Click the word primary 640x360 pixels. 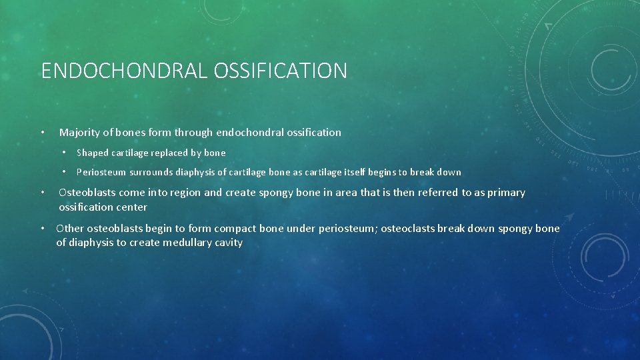pyautogui.click(x=506, y=193)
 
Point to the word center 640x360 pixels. pyautogui.click(x=130, y=207)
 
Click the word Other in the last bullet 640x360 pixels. pyautogui.click(x=70, y=229)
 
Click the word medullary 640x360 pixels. pyautogui.click(x=187, y=243)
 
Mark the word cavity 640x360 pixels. pyautogui.click(x=229, y=243)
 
